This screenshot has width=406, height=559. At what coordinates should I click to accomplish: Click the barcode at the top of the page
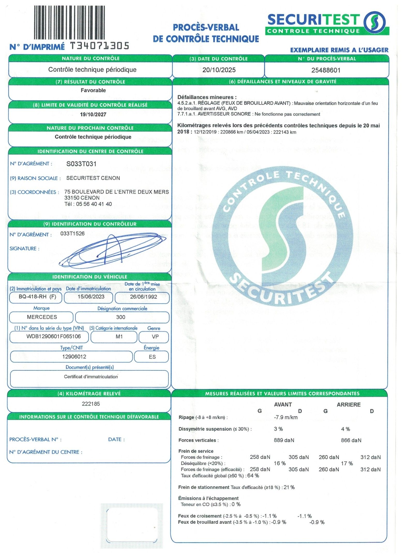69,23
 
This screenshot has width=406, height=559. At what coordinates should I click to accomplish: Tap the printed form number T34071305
100,46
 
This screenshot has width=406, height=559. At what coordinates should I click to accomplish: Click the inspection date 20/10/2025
219,70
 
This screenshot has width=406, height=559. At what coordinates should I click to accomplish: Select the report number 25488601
326,70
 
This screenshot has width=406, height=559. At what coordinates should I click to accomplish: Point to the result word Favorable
93,90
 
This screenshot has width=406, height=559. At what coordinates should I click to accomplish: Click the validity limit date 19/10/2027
93,114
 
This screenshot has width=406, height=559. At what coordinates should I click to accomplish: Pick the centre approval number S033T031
81,164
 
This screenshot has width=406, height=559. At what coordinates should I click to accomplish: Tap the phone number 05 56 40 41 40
94,204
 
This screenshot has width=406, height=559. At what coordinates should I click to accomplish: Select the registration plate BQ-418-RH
33,297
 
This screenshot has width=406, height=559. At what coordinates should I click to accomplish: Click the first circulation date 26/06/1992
143,297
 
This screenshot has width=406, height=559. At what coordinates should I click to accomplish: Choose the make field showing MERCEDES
42,317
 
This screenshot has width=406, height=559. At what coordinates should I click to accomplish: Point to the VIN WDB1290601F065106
54,336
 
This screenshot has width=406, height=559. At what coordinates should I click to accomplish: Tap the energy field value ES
152,357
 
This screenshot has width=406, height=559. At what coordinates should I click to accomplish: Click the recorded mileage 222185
91,404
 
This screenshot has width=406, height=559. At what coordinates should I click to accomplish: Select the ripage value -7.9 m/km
285,417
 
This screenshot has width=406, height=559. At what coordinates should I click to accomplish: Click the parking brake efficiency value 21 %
289,487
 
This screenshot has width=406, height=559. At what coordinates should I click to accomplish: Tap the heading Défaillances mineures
207,97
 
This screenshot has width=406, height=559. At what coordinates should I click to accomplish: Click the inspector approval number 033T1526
72,233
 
